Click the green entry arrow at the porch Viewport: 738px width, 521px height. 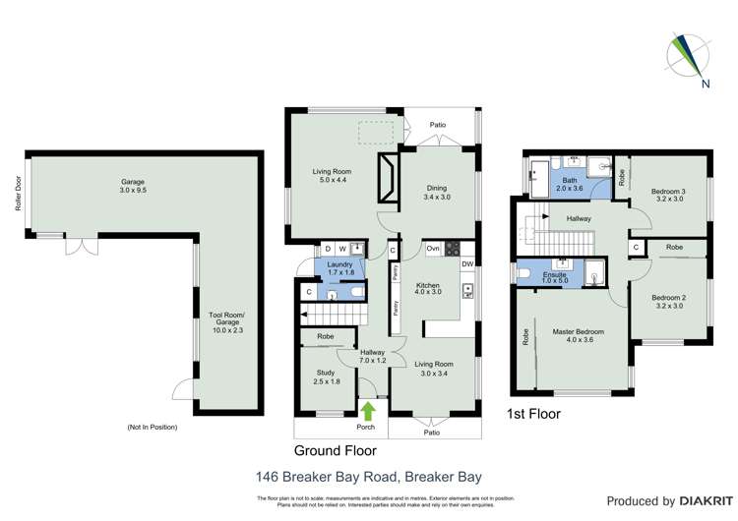click(x=369, y=410)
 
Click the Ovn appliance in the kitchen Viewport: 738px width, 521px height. click(x=433, y=249)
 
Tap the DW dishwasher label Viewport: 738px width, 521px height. click(x=466, y=263)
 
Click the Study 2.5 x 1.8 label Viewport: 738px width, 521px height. click(x=327, y=376)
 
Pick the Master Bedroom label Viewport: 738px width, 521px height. click(x=578, y=337)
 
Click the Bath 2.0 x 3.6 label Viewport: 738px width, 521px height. click(x=570, y=184)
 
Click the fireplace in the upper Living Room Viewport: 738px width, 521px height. click(x=388, y=176)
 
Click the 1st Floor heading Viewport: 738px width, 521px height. click(x=532, y=414)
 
